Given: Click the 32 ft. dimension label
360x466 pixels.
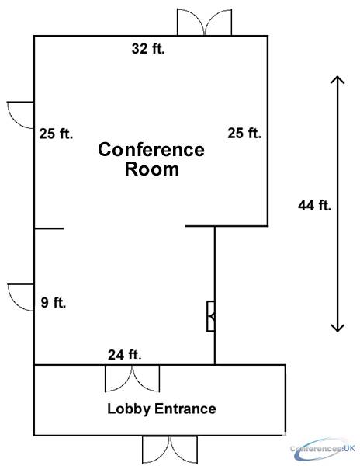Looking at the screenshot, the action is tap(148, 49).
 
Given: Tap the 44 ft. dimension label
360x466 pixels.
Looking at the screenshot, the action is tap(314, 205).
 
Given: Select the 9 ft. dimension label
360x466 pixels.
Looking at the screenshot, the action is tap(54, 303).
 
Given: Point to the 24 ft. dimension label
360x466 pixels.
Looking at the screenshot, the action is tap(124, 355).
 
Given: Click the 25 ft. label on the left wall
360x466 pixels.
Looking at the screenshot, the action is tap(56, 134).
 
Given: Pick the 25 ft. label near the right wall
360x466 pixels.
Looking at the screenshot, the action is tap(244, 133).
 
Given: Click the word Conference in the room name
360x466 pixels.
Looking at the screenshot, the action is tap(151, 149).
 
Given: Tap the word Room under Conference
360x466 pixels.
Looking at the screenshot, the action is tap(152, 169).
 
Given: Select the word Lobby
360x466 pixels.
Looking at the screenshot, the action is tap(129, 409).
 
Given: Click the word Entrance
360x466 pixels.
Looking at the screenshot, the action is tap(185, 409).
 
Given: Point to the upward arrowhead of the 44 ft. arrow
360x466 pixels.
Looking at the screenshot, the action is tap(337, 80).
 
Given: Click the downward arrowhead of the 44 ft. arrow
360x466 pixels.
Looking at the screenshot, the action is tap(337, 328).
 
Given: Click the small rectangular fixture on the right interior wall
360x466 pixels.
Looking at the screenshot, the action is tap(211, 316).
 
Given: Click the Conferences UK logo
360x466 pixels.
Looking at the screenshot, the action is tap(323, 448).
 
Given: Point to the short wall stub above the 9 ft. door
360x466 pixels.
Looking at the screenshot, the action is tap(49, 228).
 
